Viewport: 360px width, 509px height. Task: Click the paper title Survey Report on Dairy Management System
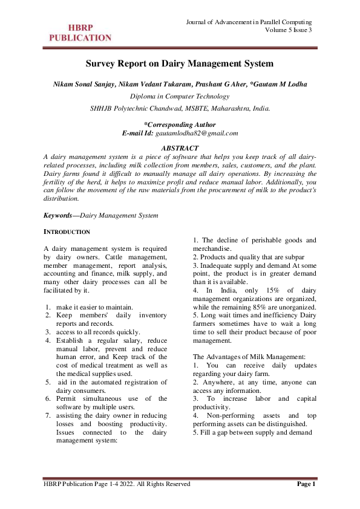tap(180, 63)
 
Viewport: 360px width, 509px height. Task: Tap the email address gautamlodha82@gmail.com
tap(197, 132)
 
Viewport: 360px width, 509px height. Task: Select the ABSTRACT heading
tap(180, 148)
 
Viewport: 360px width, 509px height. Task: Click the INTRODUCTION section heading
tap(67, 232)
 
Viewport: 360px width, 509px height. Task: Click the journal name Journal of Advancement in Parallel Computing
tap(253, 22)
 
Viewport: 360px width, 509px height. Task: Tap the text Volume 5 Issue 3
tap(289, 30)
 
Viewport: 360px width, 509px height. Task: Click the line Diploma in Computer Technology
tap(180, 96)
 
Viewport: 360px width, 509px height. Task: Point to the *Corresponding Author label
tap(180, 124)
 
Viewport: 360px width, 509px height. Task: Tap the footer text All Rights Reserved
tap(163, 484)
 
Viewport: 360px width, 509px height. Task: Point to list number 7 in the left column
tap(48, 415)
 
